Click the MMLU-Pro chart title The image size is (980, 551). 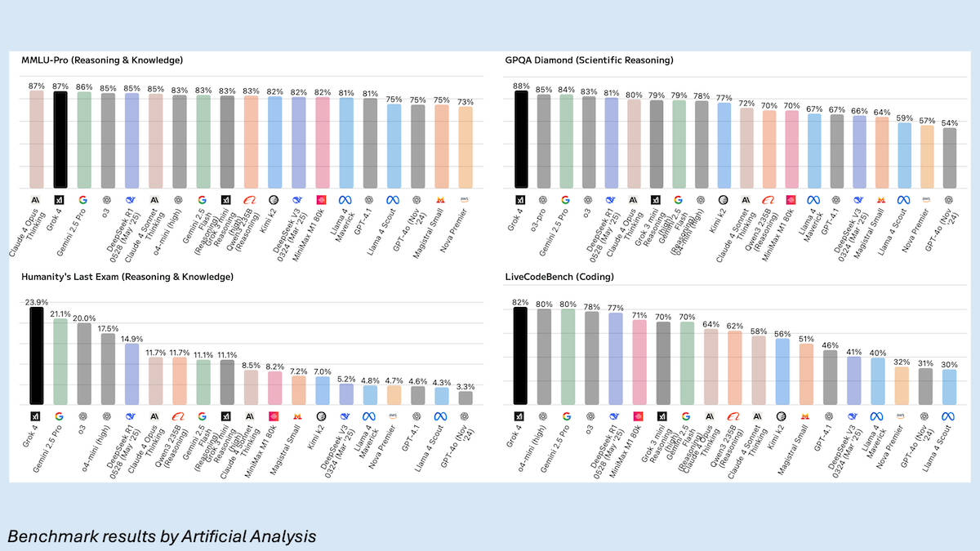[102, 60]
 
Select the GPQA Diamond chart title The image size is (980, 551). [589, 60]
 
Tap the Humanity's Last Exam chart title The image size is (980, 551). [127, 278]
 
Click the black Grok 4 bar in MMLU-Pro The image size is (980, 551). [60, 139]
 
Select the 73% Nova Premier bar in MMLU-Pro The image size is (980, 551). [465, 147]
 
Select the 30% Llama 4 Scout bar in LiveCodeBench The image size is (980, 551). [949, 387]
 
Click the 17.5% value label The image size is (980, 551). [108, 328]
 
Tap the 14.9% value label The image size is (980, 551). [131, 338]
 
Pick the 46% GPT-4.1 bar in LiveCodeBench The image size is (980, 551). [830, 377]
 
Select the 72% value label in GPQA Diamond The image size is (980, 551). [746, 103]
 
